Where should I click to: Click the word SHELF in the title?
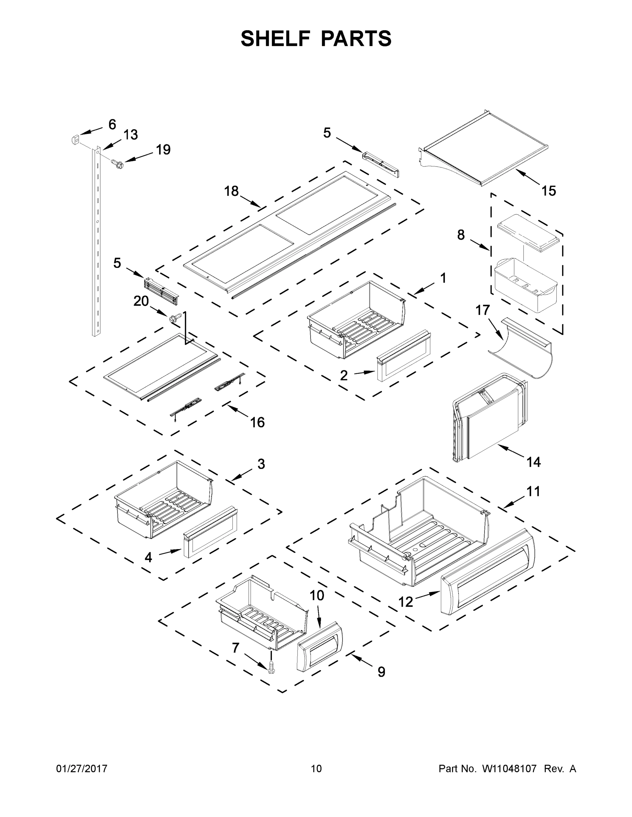click(x=276, y=39)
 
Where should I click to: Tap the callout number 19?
click(x=163, y=150)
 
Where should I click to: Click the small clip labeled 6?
click(x=75, y=140)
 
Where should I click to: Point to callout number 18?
click(x=231, y=191)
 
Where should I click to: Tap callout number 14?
click(x=533, y=462)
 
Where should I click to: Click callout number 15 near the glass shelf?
click(x=549, y=191)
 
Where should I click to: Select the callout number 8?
click(x=461, y=235)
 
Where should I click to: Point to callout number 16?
click(x=257, y=422)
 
